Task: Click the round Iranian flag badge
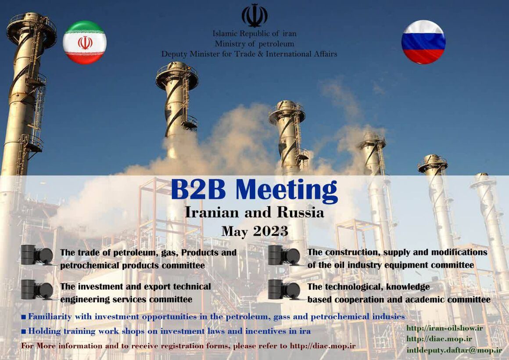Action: click(x=85, y=43)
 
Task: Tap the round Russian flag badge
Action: click(x=423, y=42)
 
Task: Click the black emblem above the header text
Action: click(x=254, y=15)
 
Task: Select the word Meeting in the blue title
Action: click(x=287, y=190)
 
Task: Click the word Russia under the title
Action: click(x=301, y=212)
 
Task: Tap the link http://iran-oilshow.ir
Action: click(x=444, y=328)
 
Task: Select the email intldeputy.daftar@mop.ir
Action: click(x=454, y=350)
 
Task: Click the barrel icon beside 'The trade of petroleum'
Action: click(x=37, y=255)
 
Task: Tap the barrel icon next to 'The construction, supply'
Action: click(x=284, y=255)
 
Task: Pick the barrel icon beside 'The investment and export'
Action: click(x=37, y=290)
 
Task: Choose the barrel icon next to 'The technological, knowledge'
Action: click(x=284, y=290)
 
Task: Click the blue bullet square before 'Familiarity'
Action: click(x=24, y=317)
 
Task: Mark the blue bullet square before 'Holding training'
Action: click(x=24, y=331)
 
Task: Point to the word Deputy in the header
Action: click(x=174, y=54)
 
